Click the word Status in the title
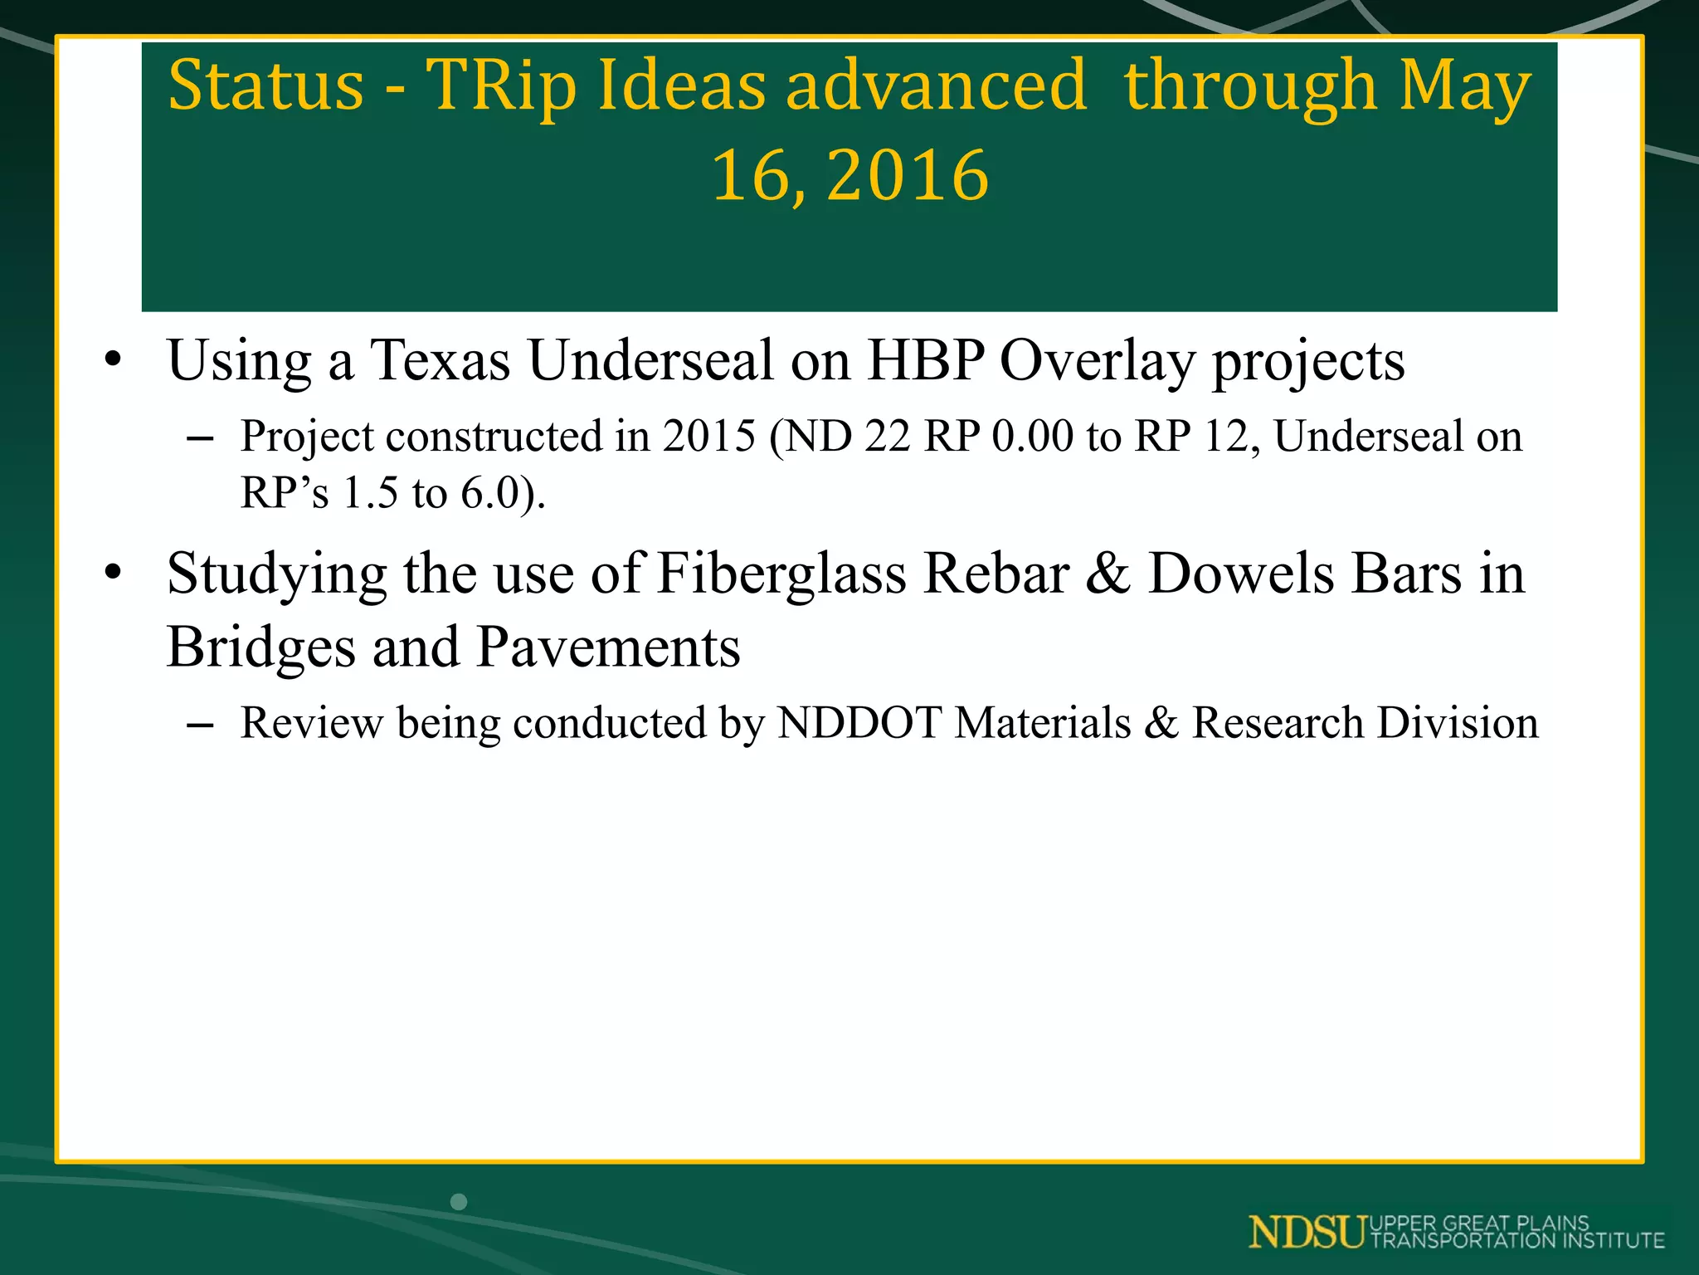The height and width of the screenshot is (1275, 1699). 265,85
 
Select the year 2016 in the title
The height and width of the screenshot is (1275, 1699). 908,175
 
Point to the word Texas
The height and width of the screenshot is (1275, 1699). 440,361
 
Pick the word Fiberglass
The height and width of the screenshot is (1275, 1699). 781,574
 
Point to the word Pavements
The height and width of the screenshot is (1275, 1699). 608,647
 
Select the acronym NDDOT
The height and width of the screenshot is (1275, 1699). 859,722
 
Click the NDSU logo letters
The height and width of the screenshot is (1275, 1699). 1307,1232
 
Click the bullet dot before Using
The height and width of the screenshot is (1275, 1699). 113,361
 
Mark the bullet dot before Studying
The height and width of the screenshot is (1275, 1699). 113,574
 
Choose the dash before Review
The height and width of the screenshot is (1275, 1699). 200,725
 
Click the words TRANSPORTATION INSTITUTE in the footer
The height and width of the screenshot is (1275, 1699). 1517,1241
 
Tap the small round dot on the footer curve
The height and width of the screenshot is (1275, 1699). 459,1201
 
